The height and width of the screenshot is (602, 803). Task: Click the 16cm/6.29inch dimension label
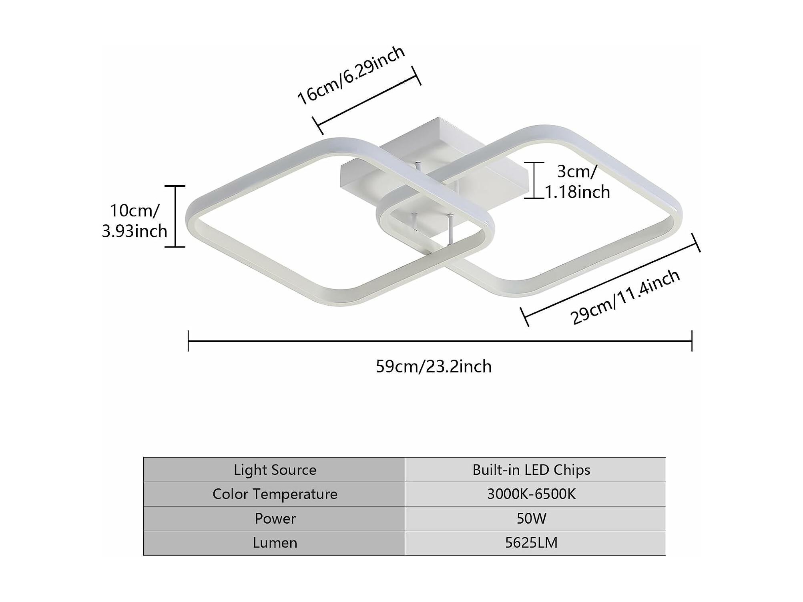pyautogui.click(x=351, y=75)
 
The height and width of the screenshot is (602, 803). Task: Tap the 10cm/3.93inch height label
pyautogui.click(x=135, y=221)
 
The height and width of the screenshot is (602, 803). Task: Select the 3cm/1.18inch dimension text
pyautogui.click(x=577, y=182)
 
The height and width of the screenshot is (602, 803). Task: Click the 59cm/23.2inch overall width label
pyautogui.click(x=434, y=366)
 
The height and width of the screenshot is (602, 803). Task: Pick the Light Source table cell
pyautogui.click(x=275, y=470)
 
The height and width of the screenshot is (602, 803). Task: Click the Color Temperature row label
pyautogui.click(x=275, y=494)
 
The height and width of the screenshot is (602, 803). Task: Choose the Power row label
pyautogui.click(x=275, y=518)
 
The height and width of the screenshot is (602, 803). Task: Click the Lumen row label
pyautogui.click(x=275, y=543)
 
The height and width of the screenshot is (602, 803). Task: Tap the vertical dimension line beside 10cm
pyautogui.click(x=175, y=216)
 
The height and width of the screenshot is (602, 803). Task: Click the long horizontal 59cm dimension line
pyautogui.click(x=440, y=341)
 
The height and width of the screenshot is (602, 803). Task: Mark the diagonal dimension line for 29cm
pyautogui.click(x=610, y=280)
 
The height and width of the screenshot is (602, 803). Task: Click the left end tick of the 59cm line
pyautogui.click(x=188, y=341)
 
